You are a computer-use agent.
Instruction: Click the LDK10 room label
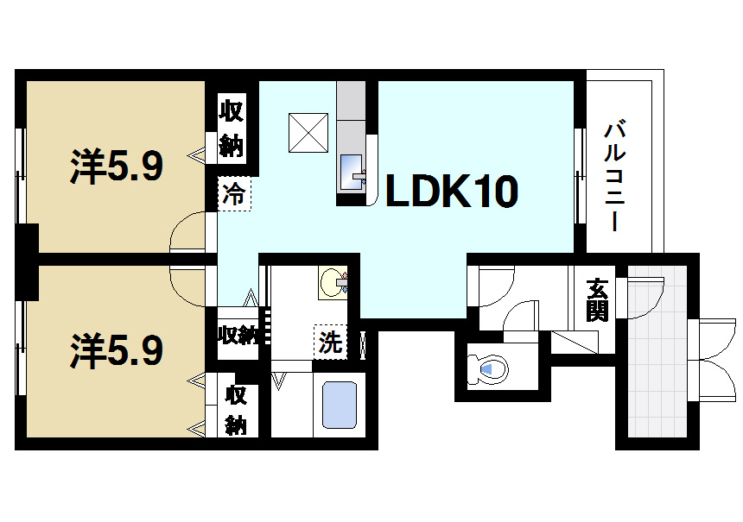(451, 192)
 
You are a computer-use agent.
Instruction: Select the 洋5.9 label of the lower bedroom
(116, 350)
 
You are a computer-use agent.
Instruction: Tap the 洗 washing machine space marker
(330, 343)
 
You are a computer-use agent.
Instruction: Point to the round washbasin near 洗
(333, 283)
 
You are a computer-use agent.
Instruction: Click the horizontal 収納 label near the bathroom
(237, 335)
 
